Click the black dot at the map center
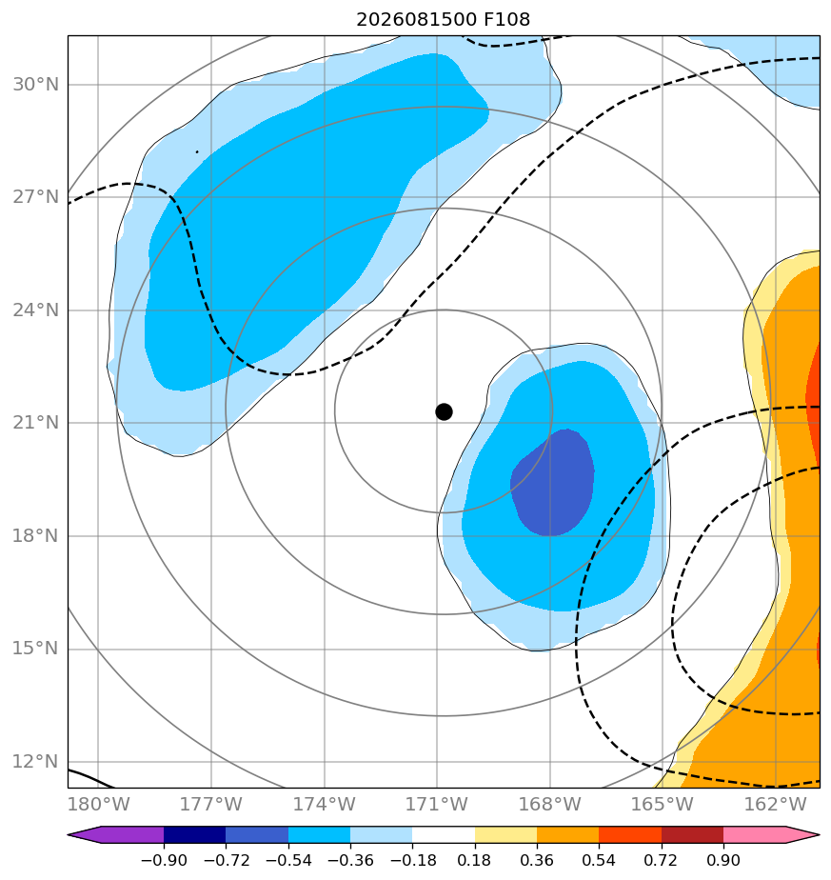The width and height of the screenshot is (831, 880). pyautogui.click(x=444, y=412)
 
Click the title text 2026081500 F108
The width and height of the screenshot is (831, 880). pyautogui.click(x=443, y=20)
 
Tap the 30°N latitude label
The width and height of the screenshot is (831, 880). pyautogui.click(x=35, y=84)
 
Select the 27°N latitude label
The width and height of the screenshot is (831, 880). pyautogui.click(x=35, y=197)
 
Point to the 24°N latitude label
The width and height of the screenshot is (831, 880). pyautogui.click(x=35, y=310)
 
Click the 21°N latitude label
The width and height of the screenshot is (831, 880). pyautogui.click(x=35, y=423)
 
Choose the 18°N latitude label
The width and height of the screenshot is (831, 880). pyautogui.click(x=35, y=536)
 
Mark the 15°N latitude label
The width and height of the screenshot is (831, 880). pyautogui.click(x=35, y=649)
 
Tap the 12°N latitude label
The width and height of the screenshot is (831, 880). pyautogui.click(x=35, y=762)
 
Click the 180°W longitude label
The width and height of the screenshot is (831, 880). pyautogui.click(x=98, y=804)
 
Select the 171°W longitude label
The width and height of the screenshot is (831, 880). pyautogui.click(x=437, y=804)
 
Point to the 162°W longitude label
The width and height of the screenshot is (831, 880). pyautogui.click(x=775, y=804)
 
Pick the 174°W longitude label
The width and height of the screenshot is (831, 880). pyautogui.click(x=325, y=804)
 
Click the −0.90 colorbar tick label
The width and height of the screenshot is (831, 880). pyautogui.click(x=164, y=860)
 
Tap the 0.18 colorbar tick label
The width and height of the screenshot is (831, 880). pyautogui.click(x=475, y=860)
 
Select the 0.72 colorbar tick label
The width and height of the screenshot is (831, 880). pyautogui.click(x=662, y=860)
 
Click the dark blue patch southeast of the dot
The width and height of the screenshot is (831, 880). pyautogui.click(x=553, y=484)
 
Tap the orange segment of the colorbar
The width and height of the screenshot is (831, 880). pyautogui.click(x=568, y=834)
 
